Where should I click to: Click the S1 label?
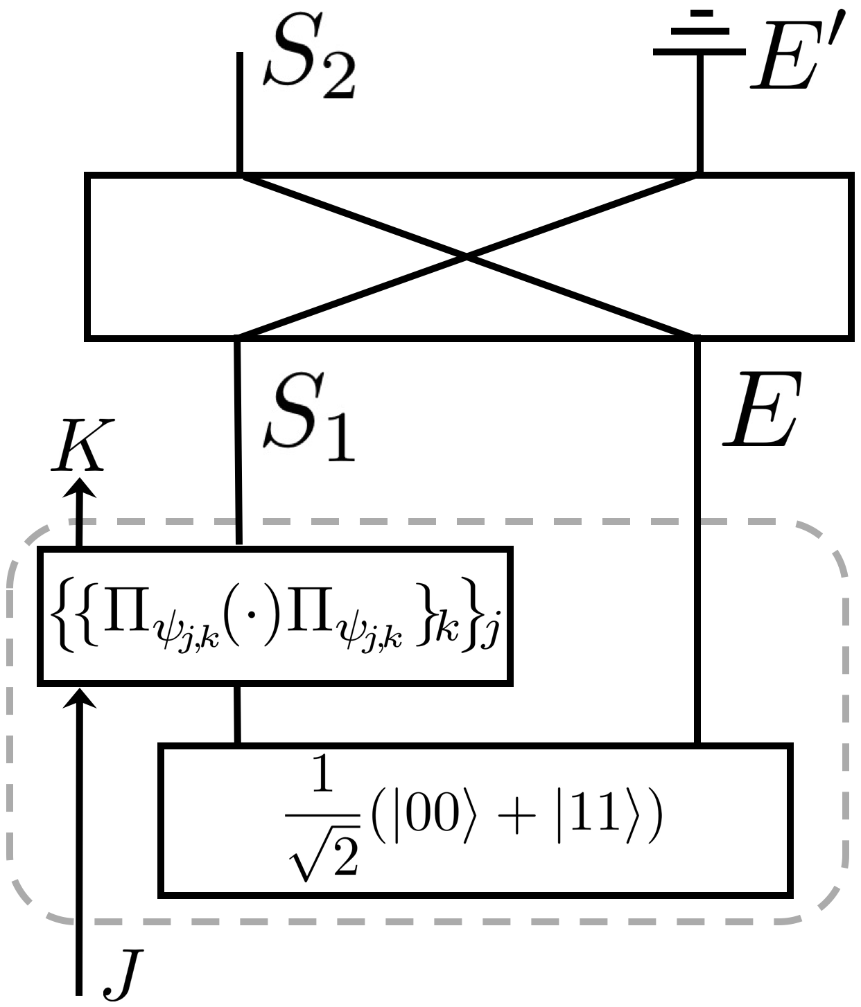[308, 419]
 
